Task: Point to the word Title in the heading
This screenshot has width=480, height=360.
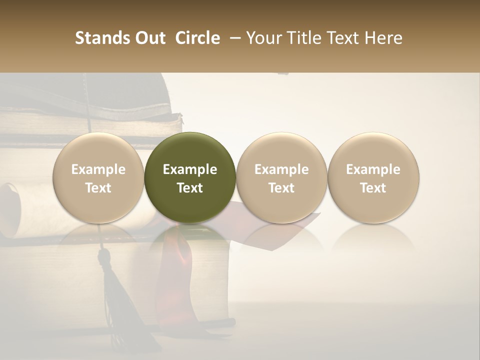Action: (x=304, y=38)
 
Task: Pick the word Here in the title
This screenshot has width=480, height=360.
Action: (x=384, y=38)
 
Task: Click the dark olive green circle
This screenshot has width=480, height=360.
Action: (x=190, y=177)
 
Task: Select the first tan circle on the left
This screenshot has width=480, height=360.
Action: (x=98, y=177)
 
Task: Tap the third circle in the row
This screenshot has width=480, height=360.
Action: (x=281, y=177)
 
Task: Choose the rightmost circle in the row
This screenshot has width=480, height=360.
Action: (x=373, y=177)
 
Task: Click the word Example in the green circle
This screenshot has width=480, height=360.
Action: (x=190, y=169)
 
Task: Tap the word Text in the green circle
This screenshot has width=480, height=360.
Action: (x=190, y=188)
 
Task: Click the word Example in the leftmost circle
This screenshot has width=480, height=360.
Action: (x=98, y=169)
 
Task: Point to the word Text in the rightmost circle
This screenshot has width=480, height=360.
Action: (x=373, y=188)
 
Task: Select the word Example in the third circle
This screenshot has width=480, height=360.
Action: (x=281, y=169)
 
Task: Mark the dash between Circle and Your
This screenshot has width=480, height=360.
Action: (x=233, y=38)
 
